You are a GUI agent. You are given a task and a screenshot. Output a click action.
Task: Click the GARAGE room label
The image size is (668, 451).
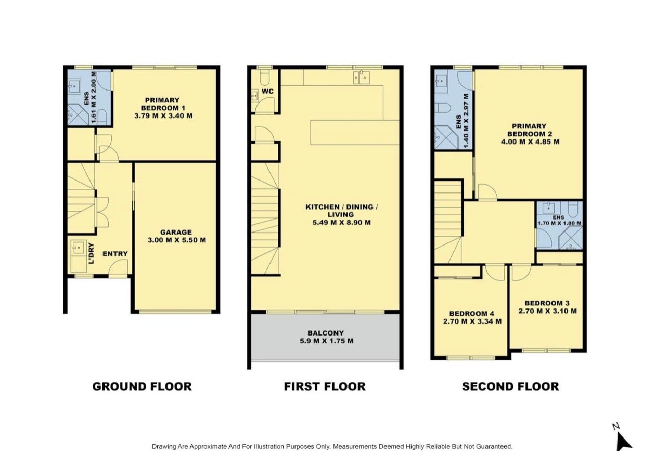[x=176, y=232]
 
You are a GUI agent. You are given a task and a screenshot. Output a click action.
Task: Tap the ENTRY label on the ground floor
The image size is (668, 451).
[x=115, y=254]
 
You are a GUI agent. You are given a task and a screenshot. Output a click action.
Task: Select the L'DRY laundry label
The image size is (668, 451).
[x=92, y=253]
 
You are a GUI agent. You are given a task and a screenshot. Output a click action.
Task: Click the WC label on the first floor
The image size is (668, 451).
[x=267, y=92]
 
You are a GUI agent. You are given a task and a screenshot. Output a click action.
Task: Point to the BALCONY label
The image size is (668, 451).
[x=326, y=333]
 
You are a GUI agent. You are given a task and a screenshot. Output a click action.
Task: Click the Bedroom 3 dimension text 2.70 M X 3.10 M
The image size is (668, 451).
[x=547, y=311]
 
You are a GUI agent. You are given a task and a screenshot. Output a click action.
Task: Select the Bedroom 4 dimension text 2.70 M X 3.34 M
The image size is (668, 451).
[x=472, y=321]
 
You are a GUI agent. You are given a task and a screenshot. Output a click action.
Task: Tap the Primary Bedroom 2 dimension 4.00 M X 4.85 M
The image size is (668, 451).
[x=530, y=141]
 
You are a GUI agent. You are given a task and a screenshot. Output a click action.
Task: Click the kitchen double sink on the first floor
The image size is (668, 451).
[x=361, y=78]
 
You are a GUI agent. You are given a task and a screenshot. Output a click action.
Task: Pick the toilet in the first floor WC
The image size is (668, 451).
[x=264, y=77]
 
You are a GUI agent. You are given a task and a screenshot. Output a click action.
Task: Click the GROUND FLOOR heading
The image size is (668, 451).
[x=142, y=386]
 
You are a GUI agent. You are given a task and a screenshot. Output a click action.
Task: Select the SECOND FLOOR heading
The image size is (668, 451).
[x=510, y=386]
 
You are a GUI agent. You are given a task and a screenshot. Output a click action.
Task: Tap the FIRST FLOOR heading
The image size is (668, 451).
[x=325, y=386]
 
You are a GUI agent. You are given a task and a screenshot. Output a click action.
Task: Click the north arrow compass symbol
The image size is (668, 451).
[x=624, y=441]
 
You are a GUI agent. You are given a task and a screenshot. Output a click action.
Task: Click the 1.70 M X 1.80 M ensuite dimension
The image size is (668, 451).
[x=559, y=223]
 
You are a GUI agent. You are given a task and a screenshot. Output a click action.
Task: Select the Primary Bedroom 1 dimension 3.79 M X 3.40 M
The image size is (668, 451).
[x=163, y=115]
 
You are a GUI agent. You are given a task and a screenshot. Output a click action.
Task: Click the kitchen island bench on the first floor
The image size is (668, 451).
[x=355, y=132]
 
